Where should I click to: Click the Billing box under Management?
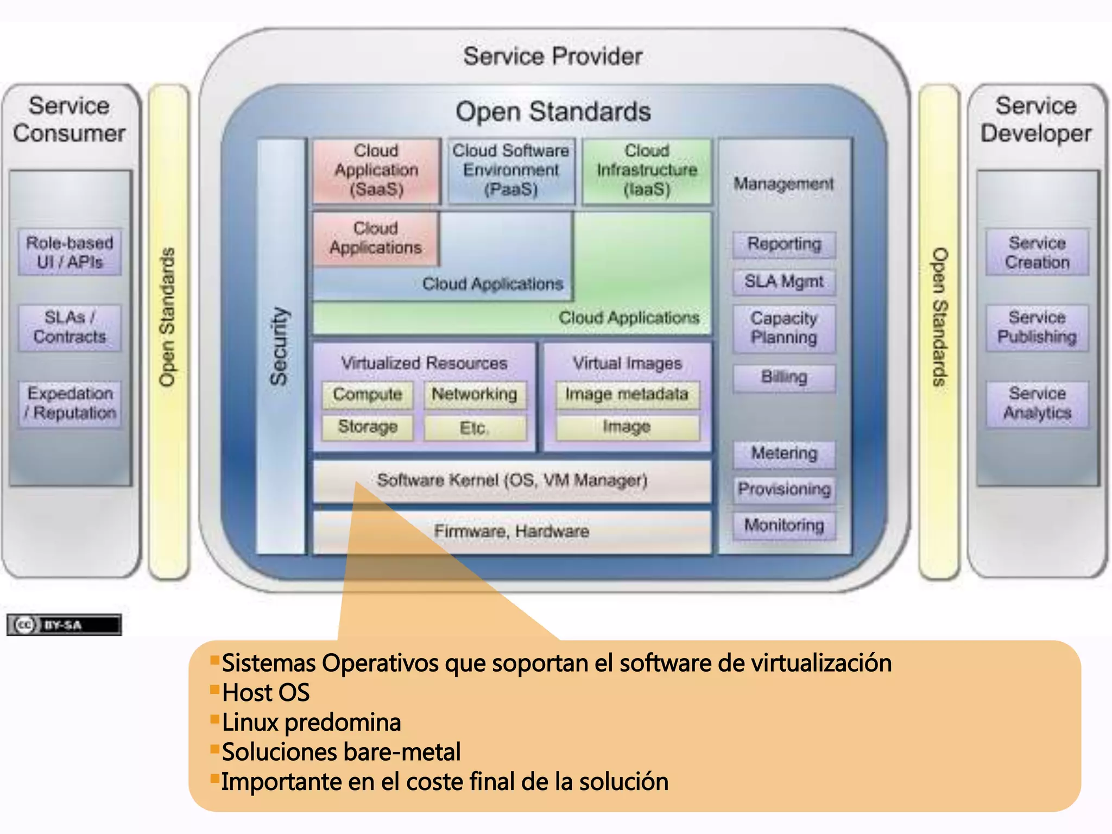coord(784,377)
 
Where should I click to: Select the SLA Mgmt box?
coord(784,282)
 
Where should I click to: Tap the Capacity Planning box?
coord(784,328)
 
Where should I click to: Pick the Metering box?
coord(784,453)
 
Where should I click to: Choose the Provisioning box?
coord(784,489)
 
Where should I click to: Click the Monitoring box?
coord(784,525)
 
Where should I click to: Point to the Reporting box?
coord(784,244)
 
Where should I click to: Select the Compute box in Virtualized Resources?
coord(368,394)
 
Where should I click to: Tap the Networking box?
coord(475,394)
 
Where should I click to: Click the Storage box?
coord(368,427)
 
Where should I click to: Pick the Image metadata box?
coord(627,394)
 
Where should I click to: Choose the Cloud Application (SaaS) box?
coord(376,170)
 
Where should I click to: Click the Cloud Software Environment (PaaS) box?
coord(511,170)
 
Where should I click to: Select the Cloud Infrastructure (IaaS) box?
coord(647,170)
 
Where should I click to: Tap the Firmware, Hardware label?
coord(511,531)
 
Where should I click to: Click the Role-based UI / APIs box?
coord(69,252)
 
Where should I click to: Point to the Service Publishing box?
coord(1037,327)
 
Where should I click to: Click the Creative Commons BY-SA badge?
coord(64,625)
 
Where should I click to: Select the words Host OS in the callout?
coord(266,693)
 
